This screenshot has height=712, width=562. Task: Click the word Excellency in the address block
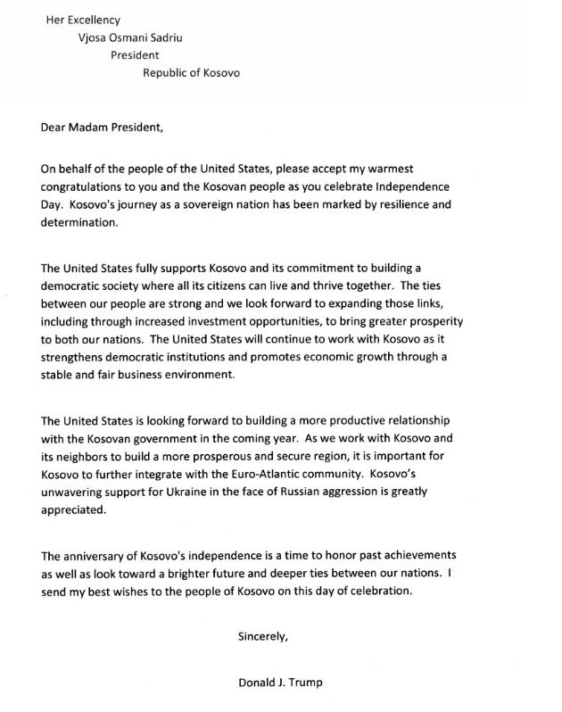pos(94,20)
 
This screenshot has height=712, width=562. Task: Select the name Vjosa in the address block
pos(95,37)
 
